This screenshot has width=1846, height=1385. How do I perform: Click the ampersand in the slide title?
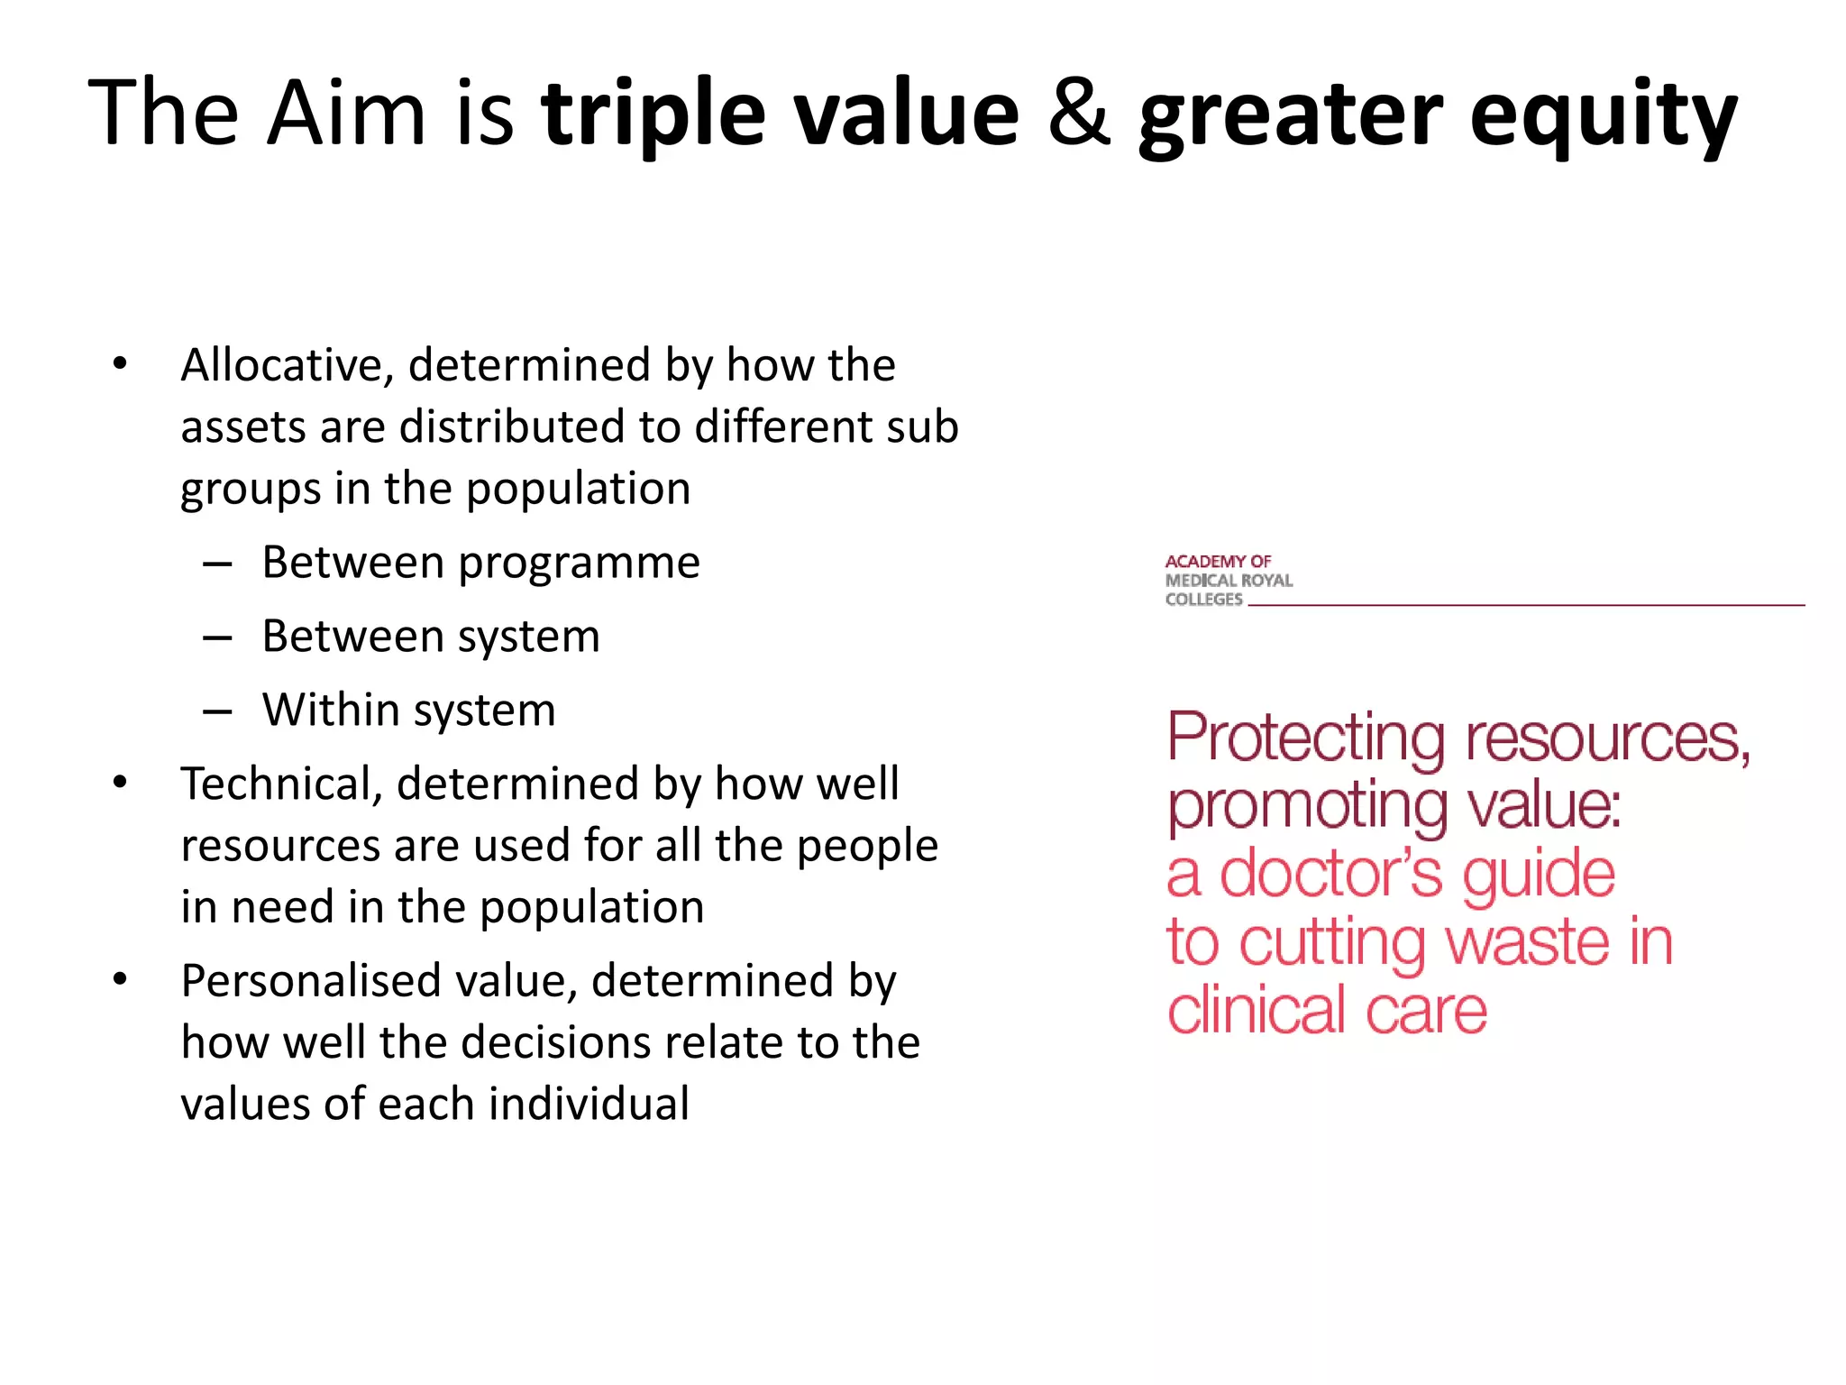[1079, 113]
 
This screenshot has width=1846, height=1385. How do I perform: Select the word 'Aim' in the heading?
[346, 113]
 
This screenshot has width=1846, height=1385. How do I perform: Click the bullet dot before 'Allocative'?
[120, 364]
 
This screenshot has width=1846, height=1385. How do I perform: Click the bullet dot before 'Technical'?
[120, 782]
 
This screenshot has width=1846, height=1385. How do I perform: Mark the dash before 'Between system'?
[217, 638]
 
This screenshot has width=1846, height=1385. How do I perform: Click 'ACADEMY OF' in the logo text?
[1218, 561]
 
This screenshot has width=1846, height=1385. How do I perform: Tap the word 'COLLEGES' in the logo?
[1203, 600]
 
